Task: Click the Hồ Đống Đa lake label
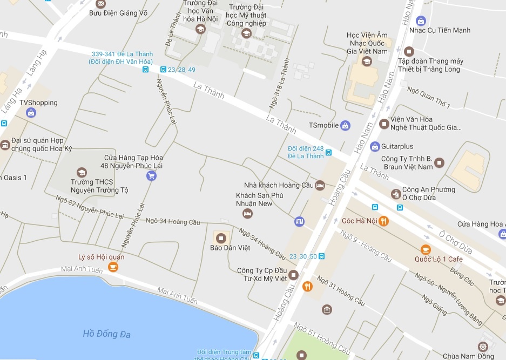107,334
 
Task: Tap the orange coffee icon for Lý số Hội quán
113,267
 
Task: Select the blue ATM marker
299,221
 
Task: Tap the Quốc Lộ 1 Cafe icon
426,249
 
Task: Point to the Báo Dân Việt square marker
221,237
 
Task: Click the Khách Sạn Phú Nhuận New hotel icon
247,214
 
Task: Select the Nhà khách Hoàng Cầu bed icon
320,185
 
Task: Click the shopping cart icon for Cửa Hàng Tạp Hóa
151,175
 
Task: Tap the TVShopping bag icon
31,113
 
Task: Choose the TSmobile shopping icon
346,125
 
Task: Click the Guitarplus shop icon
375,146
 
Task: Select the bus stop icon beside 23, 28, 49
163,70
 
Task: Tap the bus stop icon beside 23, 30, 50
321,256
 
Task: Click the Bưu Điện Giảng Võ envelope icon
101,5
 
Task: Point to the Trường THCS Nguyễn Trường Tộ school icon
82,173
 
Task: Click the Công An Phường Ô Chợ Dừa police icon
396,193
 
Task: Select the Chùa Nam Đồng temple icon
483,346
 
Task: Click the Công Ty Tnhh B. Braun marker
439,162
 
